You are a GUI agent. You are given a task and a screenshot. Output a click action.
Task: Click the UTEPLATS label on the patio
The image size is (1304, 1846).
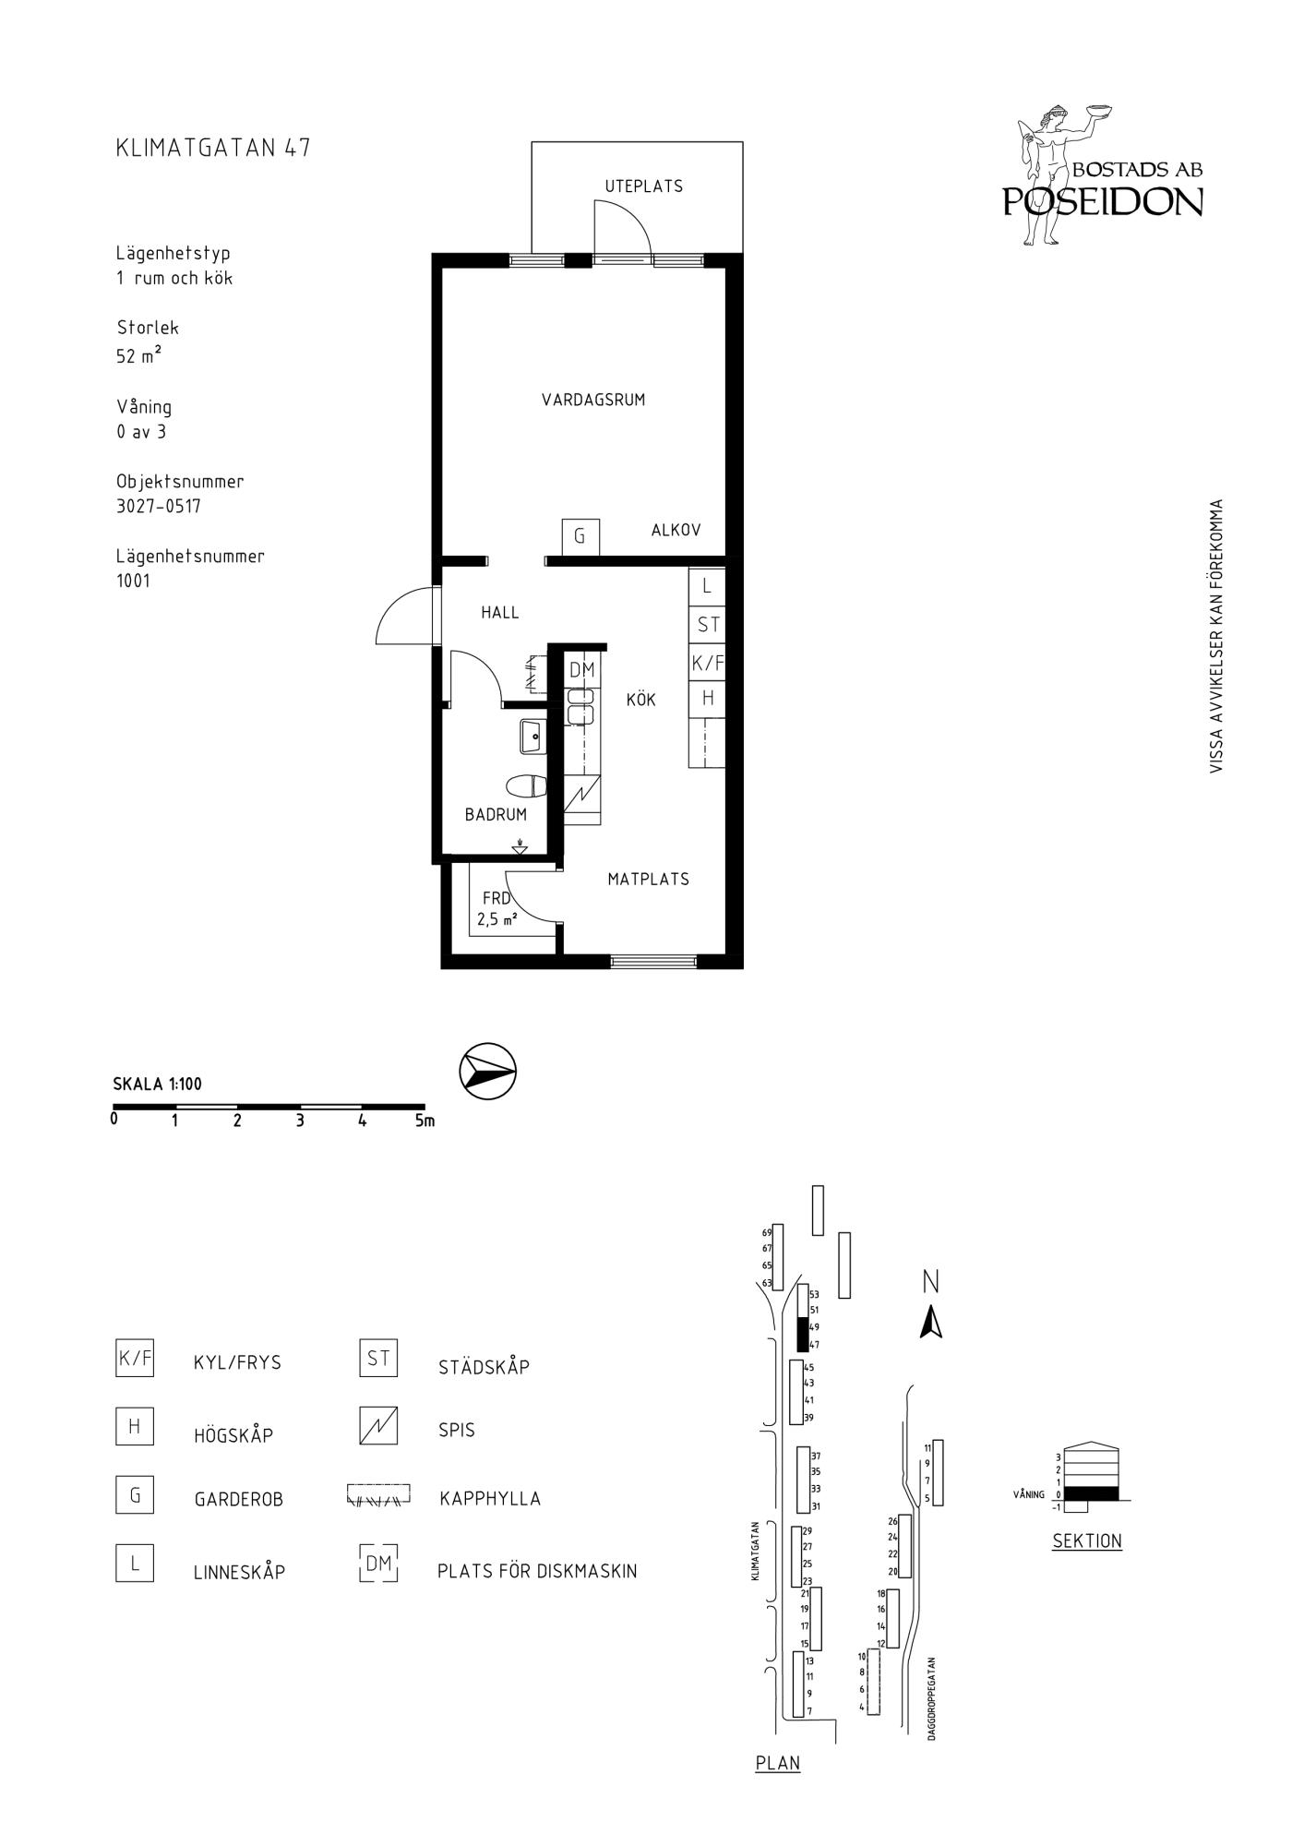pyautogui.click(x=644, y=186)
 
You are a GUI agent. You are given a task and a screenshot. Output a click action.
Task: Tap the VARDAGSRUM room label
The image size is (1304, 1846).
pyautogui.click(x=593, y=400)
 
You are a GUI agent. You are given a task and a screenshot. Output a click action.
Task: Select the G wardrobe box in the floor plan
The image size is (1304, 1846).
pyautogui.click(x=580, y=536)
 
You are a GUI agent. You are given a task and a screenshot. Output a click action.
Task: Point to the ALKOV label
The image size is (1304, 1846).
pyautogui.click(x=676, y=530)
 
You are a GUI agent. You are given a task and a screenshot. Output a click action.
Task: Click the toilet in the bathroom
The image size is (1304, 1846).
pyautogui.click(x=527, y=786)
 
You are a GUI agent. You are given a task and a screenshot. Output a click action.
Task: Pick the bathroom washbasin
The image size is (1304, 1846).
pyautogui.click(x=533, y=737)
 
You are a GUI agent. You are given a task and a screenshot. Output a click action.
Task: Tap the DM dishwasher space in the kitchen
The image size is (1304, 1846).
pyautogui.click(x=582, y=670)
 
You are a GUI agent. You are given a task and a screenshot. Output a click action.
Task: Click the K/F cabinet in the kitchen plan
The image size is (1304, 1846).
pyautogui.click(x=708, y=662)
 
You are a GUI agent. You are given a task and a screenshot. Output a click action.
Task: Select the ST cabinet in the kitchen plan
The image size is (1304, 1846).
pyautogui.click(x=708, y=625)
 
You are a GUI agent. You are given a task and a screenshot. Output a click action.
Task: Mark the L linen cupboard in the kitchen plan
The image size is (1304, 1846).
pyautogui.click(x=708, y=586)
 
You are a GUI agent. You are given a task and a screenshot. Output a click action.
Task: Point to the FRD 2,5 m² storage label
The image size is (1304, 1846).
pyautogui.click(x=496, y=908)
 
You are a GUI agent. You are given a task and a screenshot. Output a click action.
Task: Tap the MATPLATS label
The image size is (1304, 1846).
pyautogui.click(x=649, y=880)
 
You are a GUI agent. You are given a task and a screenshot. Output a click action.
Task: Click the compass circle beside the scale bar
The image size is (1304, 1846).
pyautogui.click(x=487, y=1072)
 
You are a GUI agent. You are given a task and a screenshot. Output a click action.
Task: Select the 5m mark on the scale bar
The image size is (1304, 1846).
pyautogui.click(x=425, y=1121)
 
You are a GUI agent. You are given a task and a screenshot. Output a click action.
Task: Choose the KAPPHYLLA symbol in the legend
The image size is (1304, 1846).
pyautogui.click(x=378, y=1494)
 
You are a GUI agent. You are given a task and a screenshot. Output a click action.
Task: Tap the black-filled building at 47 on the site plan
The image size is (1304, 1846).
pyautogui.click(x=802, y=1335)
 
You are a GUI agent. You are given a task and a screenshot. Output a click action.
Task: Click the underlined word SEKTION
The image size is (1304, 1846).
pyautogui.click(x=1087, y=1540)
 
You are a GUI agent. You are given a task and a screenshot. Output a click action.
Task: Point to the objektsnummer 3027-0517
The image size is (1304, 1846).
pyautogui.click(x=159, y=506)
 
